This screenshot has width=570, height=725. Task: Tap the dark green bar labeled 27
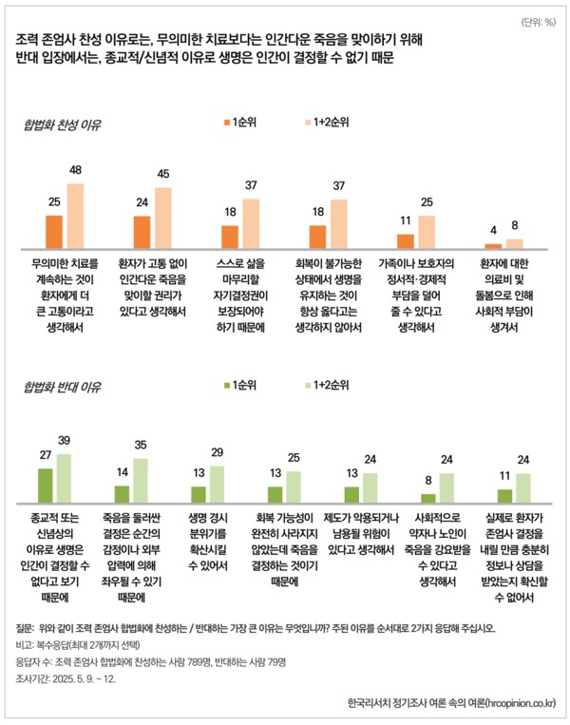pyautogui.click(x=44, y=485)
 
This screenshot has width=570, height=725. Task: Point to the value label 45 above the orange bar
pyautogui.click(x=162, y=174)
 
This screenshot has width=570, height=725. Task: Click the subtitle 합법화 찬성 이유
pyautogui.click(x=63, y=124)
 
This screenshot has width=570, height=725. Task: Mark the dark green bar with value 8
pyautogui.click(x=427, y=497)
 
